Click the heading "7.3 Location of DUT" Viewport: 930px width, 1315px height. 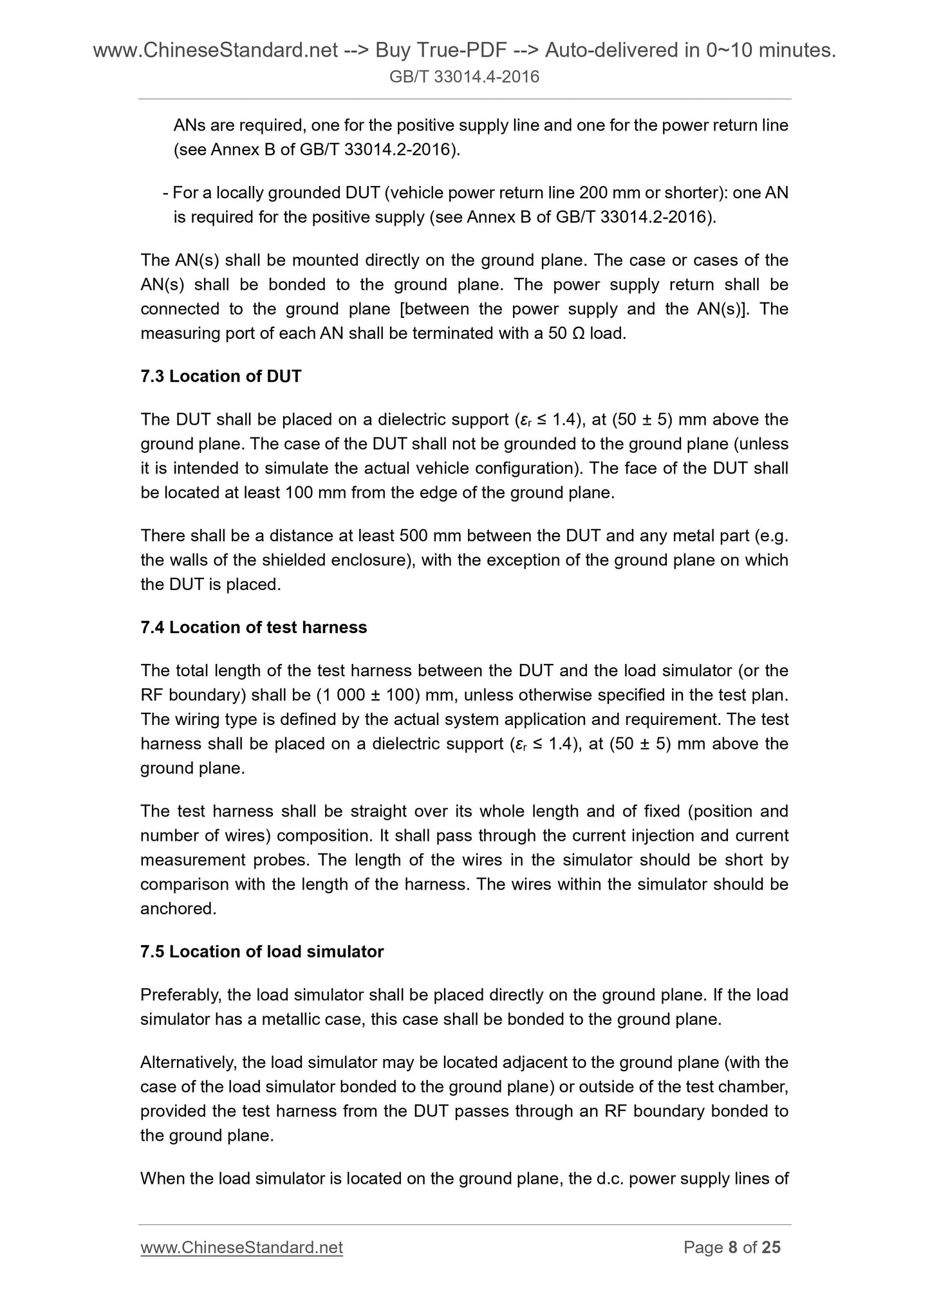[x=221, y=376]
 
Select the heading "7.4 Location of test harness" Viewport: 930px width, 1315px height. [x=254, y=627]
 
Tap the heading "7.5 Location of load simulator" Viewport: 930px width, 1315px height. [x=262, y=952]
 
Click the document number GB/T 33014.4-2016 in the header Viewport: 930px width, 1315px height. [x=465, y=78]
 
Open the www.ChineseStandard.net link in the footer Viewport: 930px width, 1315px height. [x=241, y=1247]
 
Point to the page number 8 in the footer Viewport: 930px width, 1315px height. [x=732, y=1247]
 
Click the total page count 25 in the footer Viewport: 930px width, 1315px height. [x=771, y=1247]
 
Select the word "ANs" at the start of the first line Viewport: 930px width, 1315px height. [x=189, y=125]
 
